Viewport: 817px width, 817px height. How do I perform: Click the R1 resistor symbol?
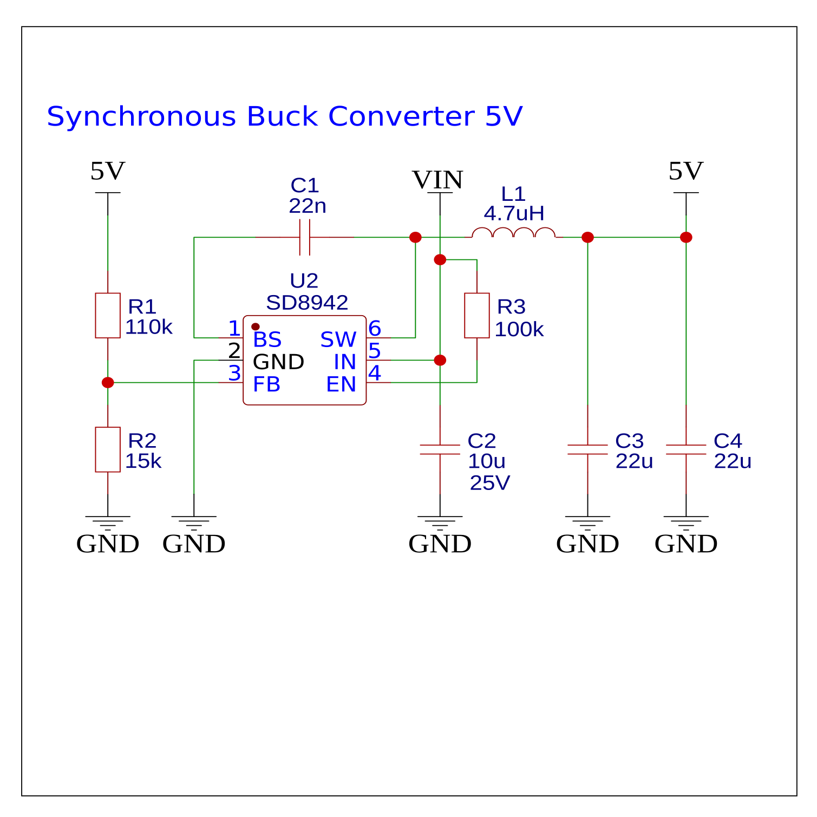tap(108, 316)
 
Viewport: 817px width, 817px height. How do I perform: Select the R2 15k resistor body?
tap(108, 449)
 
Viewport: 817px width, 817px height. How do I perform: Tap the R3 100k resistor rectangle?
tap(476, 316)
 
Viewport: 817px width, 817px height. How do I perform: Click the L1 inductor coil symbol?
tap(513, 233)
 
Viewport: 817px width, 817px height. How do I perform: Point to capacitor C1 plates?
tap(305, 237)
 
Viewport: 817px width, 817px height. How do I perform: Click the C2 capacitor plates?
tap(440, 449)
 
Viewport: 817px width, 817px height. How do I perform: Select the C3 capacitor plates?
tap(587, 449)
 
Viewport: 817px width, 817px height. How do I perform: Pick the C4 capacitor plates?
tap(686, 449)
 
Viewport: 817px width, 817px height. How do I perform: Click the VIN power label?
tap(437, 180)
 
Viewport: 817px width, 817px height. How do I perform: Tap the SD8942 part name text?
tap(307, 303)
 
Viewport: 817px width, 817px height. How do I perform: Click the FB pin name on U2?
tap(266, 384)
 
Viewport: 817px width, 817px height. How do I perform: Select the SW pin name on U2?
tap(338, 340)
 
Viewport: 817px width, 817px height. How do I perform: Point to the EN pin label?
tap(341, 384)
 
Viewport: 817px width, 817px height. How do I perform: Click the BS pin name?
tap(267, 340)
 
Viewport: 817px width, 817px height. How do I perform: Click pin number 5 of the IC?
tap(375, 351)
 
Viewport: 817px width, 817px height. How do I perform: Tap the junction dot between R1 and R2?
tap(108, 383)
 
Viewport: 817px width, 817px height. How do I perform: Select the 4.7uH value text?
tap(514, 214)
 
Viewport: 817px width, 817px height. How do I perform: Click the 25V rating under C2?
tap(490, 483)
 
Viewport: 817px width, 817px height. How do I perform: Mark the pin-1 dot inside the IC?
tap(256, 327)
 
